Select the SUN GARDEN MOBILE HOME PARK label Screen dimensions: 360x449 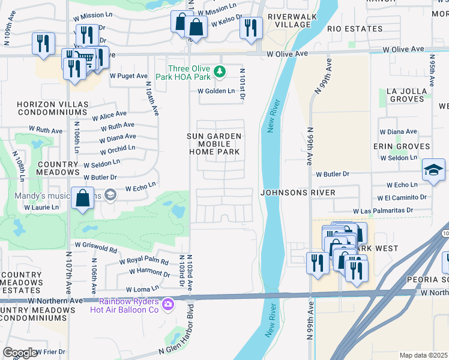[x=215, y=145]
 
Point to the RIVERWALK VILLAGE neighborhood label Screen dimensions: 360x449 [x=289, y=20]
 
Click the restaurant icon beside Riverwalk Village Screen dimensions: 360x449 [x=251, y=28]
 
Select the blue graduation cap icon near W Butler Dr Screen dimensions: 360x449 [x=433, y=169]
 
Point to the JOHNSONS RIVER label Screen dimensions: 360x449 [x=297, y=193]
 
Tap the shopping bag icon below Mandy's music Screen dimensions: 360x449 [x=82, y=197]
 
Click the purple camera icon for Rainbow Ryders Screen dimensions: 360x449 [x=169, y=305]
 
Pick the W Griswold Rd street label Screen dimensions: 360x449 [x=95, y=247]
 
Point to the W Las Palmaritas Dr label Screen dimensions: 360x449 [x=384, y=211]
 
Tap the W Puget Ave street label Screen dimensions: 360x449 [x=128, y=76]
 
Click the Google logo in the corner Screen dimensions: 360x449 [x=20, y=353]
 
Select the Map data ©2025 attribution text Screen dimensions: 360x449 [x=423, y=355]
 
